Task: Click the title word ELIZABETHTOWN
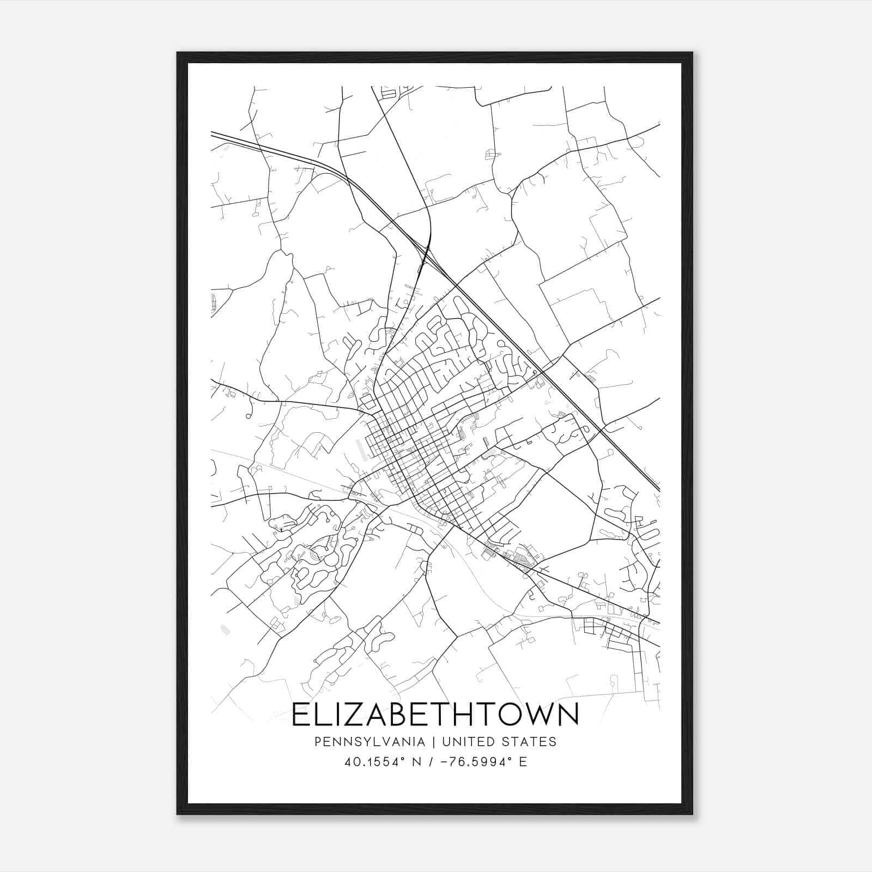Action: coord(435,715)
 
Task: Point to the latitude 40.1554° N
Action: coord(380,762)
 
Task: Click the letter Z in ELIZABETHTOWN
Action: coord(354,715)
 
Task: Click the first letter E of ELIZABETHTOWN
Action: coord(301,715)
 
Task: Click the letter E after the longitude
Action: coord(523,762)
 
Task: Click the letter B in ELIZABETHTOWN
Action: coord(402,715)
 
